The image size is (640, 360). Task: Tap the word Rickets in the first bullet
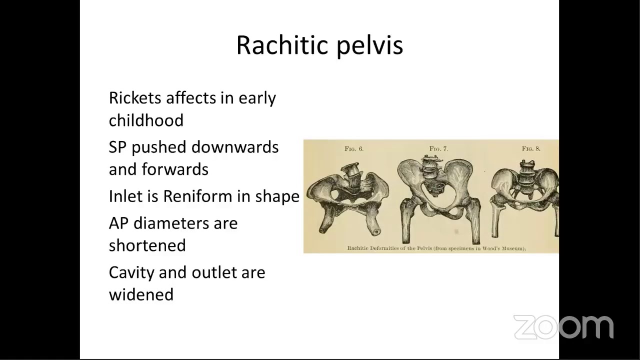(135, 97)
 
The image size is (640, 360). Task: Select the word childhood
(146, 120)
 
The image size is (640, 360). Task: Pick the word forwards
(175, 169)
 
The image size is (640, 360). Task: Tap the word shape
(277, 196)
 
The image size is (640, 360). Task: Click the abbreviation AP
(118, 223)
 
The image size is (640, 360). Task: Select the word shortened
(147, 245)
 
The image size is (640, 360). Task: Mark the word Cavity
(131, 272)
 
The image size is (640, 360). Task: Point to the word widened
(141, 294)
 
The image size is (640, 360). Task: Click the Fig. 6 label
(354, 149)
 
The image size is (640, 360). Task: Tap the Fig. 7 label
(438, 149)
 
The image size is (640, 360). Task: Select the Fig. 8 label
(531, 149)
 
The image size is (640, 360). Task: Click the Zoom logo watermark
(563, 327)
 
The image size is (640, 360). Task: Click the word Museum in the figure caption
(512, 248)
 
